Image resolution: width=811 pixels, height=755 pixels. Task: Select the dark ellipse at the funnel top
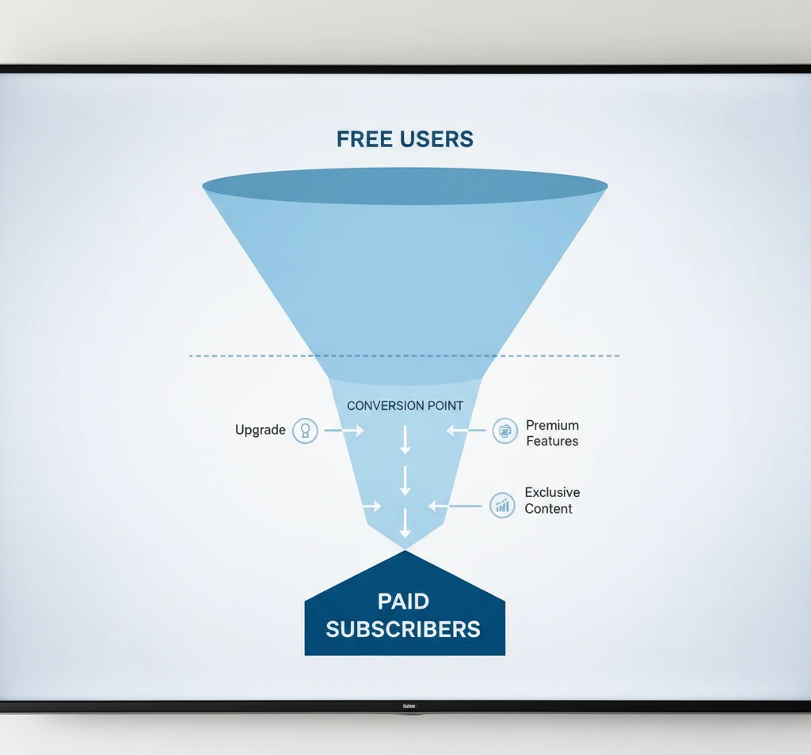405,187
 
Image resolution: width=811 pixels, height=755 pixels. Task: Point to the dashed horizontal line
238,356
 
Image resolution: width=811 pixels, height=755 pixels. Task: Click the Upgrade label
260,431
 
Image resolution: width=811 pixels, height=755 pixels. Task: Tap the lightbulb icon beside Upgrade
305,431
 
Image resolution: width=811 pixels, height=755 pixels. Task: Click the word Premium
552,425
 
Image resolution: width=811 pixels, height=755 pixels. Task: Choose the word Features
552,441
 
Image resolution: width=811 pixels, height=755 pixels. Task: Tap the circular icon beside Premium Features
504,431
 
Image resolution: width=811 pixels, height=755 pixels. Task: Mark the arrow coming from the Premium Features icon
466,431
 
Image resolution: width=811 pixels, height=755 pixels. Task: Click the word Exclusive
552,493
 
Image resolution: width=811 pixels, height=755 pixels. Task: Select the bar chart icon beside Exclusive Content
502,505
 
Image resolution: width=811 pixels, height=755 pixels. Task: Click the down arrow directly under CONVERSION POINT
405,439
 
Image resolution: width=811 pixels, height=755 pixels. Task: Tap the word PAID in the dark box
403,601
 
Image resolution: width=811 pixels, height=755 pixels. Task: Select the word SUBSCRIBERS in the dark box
403,629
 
